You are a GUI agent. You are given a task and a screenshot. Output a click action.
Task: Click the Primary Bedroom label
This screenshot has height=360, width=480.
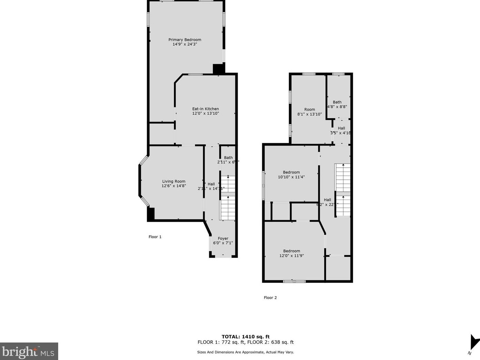[185, 40]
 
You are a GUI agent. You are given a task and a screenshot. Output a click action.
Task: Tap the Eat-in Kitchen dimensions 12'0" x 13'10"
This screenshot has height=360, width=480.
[205, 113]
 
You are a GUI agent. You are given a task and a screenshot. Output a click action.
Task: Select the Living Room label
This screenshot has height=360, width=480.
[174, 181]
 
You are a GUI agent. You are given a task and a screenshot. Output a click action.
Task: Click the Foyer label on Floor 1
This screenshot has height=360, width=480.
[223, 238]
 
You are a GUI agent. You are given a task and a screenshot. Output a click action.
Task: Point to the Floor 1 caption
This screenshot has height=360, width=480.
[155, 237]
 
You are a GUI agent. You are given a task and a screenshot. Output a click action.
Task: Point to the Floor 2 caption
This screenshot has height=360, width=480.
[270, 298]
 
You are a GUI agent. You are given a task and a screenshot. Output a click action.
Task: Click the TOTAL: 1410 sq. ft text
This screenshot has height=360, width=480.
[245, 337]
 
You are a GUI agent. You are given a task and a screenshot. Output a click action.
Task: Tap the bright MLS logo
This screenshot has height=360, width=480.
[29, 351]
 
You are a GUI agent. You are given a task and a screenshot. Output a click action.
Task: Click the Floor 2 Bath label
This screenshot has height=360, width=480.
[337, 102]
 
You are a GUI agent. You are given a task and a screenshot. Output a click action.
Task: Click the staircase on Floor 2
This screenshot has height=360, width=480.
[343, 190]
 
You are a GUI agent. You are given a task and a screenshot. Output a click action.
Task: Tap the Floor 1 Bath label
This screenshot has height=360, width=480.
[228, 158]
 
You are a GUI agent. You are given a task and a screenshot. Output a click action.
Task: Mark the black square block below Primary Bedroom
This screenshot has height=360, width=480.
[218, 69]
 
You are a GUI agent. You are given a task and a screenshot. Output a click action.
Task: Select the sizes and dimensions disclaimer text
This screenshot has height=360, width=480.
[245, 352]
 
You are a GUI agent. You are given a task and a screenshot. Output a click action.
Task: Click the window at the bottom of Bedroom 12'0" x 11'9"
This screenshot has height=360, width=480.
[294, 281]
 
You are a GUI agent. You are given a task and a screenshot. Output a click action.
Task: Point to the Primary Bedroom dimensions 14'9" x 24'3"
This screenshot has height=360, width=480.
[185, 44]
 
